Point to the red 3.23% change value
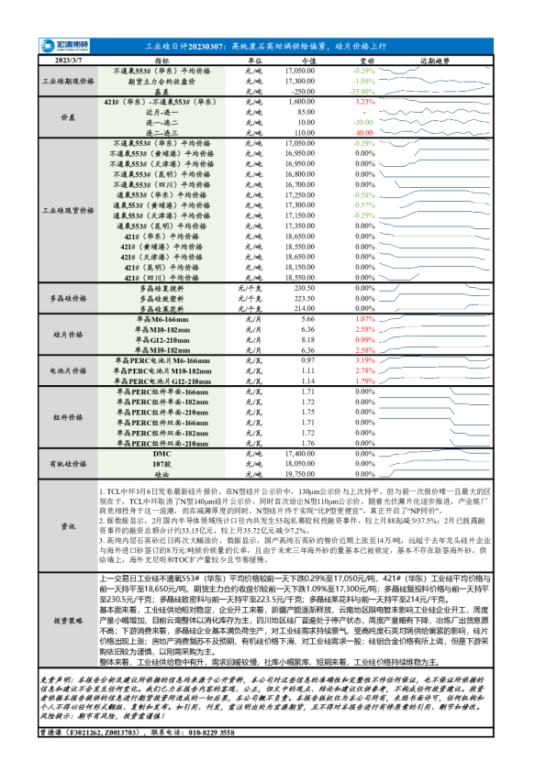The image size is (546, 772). coord(365,102)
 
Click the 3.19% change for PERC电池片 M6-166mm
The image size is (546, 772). coord(365,360)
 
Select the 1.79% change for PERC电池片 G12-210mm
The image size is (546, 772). coord(365,380)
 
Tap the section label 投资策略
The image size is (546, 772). coord(69,620)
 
